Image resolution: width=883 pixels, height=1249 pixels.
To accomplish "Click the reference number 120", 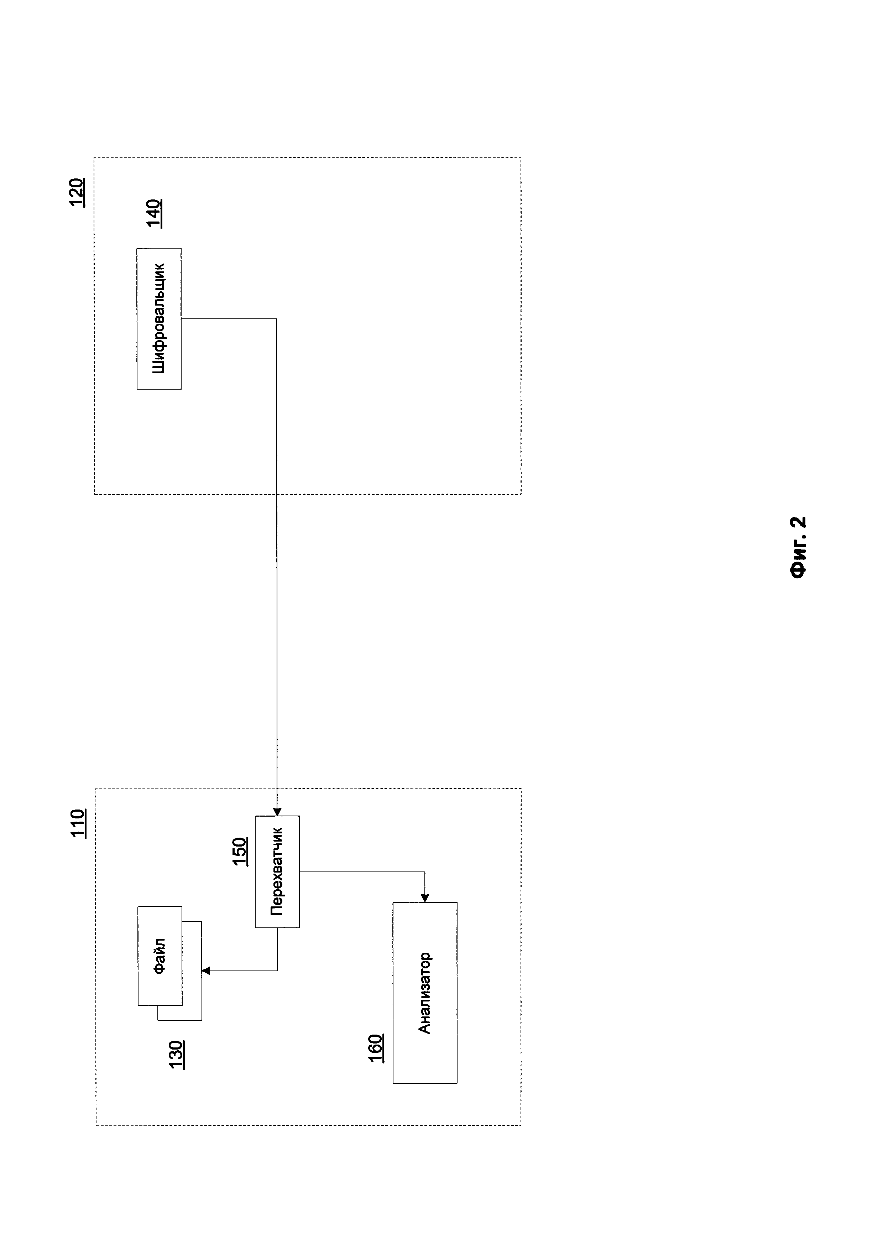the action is click(77, 192).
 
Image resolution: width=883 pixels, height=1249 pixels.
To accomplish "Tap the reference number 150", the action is click(240, 851).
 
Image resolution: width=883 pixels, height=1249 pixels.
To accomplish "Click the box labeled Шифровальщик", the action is click(159, 319).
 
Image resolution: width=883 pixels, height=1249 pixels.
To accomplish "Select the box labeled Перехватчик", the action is click(277, 871).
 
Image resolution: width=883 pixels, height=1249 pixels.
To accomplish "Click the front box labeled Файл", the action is click(160, 956).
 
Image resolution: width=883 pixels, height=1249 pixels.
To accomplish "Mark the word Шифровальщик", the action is click(159, 319).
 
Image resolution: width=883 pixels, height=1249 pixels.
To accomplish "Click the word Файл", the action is click(160, 956).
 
